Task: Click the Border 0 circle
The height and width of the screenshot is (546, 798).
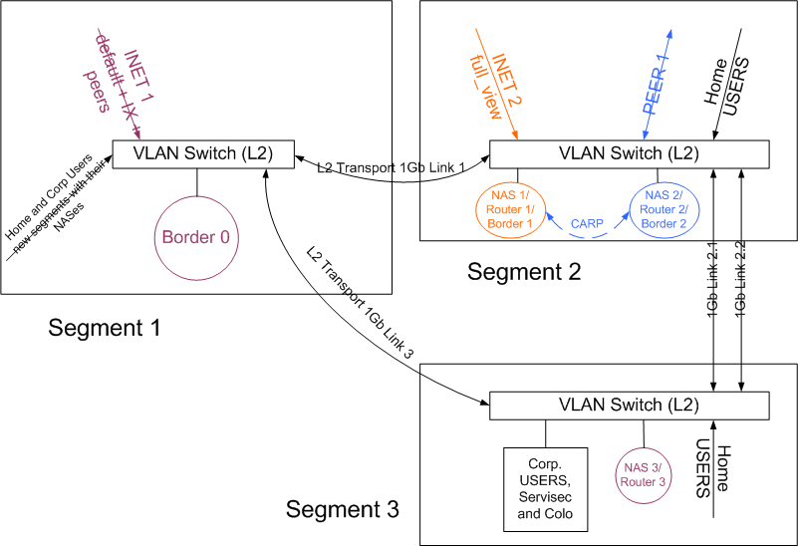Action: (x=197, y=239)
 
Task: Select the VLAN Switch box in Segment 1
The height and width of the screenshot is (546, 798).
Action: (x=204, y=154)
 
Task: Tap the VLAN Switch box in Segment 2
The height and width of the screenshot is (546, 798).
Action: (x=629, y=153)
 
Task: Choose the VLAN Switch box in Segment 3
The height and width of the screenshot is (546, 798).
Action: (x=629, y=406)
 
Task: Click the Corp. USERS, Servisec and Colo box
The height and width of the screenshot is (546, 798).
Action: (x=545, y=488)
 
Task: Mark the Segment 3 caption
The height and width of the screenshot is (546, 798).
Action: (x=343, y=510)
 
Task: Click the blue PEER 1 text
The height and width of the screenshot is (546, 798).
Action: (x=656, y=85)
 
